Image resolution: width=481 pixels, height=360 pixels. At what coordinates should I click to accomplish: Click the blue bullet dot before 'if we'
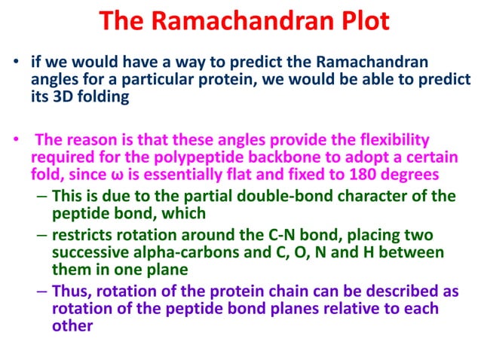(x=14, y=63)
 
